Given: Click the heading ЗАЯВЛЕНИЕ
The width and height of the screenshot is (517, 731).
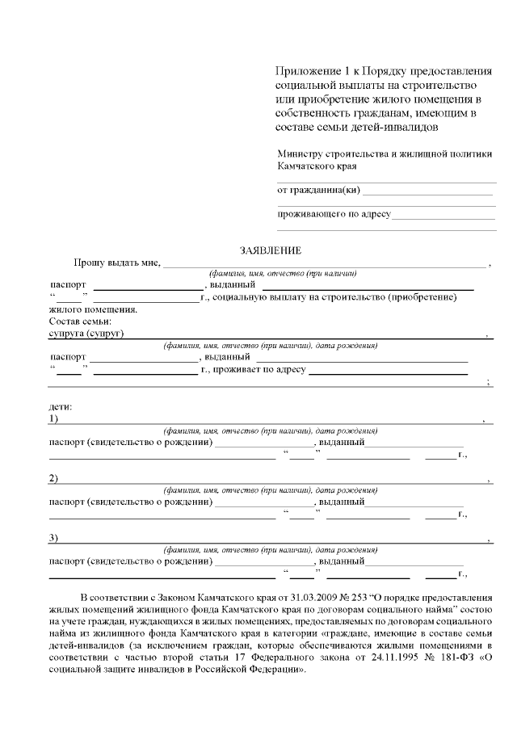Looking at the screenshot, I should click(x=270, y=250).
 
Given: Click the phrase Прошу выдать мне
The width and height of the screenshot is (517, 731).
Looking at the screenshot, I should click(x=117, y=263).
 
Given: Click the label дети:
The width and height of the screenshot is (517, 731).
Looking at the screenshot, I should click(x=61, y=406).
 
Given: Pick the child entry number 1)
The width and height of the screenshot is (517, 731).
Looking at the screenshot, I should click(x=53, y=419).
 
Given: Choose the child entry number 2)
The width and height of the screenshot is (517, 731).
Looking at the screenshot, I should click(x=53, y=479).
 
